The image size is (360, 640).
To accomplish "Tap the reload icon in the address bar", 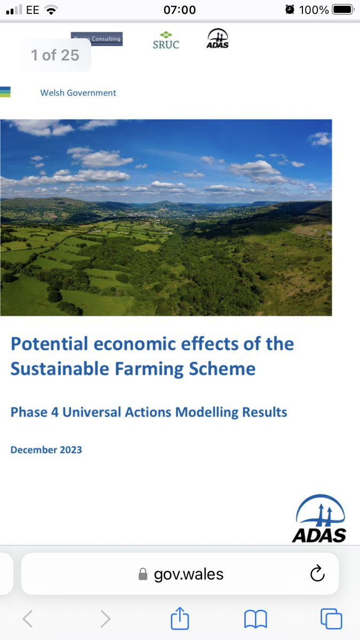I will click(317, 574).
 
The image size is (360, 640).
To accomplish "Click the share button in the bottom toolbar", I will click(180, 619).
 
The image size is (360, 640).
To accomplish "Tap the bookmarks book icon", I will click(255, 619).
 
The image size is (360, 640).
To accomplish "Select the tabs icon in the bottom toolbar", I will click(331, 619).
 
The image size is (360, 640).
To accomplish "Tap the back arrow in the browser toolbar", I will click(28, 619).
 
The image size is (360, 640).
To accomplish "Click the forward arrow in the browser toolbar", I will click(105, 619).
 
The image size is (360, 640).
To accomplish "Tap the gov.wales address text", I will click(189, 574).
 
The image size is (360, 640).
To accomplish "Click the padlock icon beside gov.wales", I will click(142, 574).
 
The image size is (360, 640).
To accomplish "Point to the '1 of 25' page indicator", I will click(55, 55).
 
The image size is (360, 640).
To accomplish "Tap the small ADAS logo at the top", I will click(217, 38).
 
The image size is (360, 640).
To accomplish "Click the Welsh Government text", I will click(78, 93).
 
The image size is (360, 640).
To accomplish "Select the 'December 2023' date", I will click(46, 450).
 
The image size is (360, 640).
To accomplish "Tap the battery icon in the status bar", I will click(343, 10).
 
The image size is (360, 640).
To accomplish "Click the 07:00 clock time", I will click(180, 10).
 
